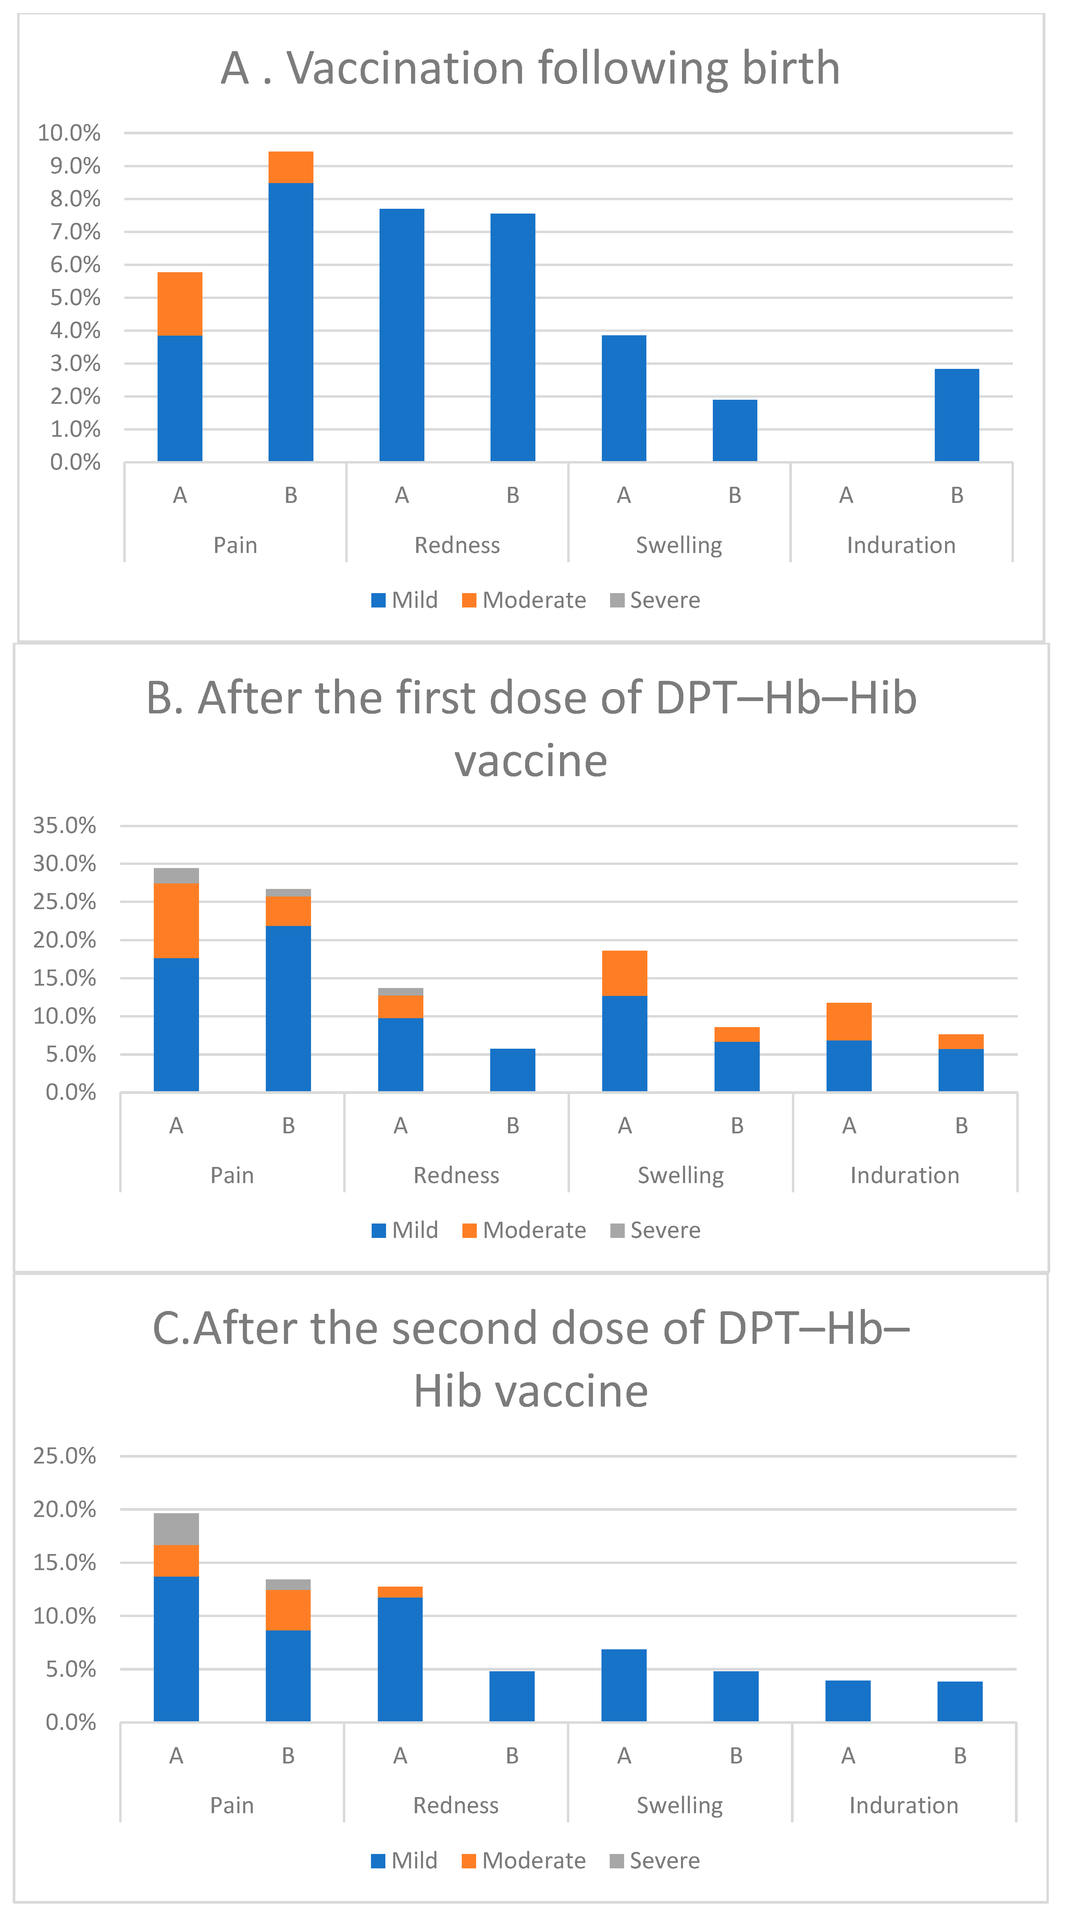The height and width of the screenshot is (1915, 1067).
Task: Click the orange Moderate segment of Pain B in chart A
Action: point(290,167)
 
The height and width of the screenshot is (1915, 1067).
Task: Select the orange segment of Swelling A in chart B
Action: point(624,972)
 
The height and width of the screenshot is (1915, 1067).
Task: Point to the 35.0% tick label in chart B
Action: point(65,825)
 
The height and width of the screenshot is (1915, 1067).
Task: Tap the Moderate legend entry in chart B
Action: point(524,1230)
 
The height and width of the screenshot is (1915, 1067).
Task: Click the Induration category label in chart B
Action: point(904,1175)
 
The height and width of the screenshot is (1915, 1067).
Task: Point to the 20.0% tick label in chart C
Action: point(65,1509)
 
